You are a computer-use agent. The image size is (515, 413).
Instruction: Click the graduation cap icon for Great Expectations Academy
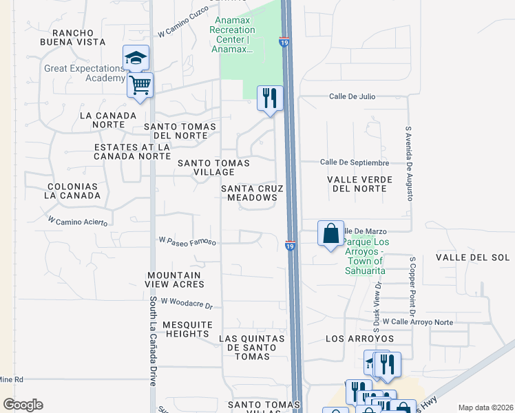pos(136,58)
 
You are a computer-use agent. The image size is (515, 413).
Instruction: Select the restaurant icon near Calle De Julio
pos(269,98)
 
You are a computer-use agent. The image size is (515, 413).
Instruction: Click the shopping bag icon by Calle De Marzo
pos(330,233)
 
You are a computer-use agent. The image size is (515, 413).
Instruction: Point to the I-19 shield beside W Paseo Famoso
pos(291,245)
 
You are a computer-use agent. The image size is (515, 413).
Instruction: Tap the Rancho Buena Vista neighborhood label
pos(69,37)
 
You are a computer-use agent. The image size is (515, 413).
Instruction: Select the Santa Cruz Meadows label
pos(249,193)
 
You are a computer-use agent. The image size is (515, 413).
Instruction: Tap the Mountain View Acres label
pos(176,279)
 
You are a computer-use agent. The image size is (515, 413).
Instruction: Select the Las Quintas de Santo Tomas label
pos(252,343)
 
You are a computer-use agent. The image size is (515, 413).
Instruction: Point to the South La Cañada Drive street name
pos(153,341)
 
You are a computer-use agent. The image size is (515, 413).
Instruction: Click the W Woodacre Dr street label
pos(185,303)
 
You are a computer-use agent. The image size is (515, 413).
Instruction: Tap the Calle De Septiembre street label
pos(355,162)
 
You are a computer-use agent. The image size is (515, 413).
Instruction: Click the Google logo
pos(23,405)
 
